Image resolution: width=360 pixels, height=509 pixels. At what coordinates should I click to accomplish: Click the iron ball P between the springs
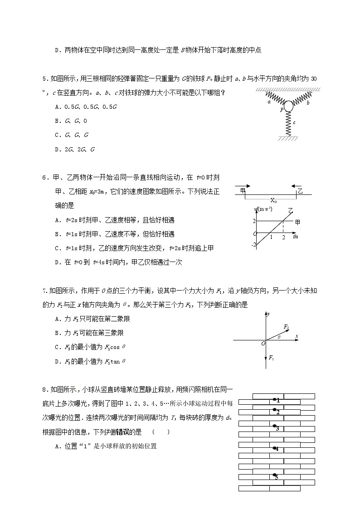(x=288, y=107)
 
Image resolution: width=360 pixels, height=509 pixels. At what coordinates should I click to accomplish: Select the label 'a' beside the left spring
(x=270, y=102)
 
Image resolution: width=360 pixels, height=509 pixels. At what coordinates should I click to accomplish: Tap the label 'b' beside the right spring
(x=308, y=103)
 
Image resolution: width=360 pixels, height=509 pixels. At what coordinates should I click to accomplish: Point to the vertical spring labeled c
(x=288, y=123)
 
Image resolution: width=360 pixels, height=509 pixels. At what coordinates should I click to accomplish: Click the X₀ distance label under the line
(x=273, y=200)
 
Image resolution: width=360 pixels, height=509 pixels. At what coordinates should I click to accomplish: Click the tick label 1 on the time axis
(x=271, y=237)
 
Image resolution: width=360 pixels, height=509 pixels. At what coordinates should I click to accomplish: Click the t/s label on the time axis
(x=296, y=237)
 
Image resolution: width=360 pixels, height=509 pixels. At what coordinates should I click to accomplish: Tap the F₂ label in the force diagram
(x=286, y=326)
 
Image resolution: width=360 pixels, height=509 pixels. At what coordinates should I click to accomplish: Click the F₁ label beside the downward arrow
(x=271, y=358)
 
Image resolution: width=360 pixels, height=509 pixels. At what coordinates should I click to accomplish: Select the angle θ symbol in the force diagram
(x=279, y=337)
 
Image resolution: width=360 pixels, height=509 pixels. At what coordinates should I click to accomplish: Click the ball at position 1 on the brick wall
(x=275, y=399)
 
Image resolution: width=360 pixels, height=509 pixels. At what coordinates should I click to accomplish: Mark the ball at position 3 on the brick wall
(x=274, y=427)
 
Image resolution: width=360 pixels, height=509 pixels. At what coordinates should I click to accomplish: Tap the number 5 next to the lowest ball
(x=277, y=477)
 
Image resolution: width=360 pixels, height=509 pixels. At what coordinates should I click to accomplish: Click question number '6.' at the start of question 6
(x=45, y=178)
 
